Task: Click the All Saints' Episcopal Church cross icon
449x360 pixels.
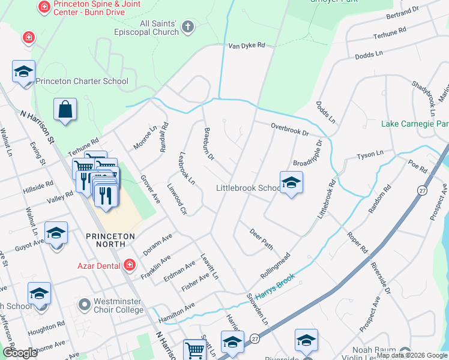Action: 188,26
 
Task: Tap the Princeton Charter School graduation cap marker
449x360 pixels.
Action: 23,72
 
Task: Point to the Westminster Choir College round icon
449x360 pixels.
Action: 84,304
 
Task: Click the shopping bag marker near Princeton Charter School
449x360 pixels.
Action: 65,110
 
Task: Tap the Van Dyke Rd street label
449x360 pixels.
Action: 246,46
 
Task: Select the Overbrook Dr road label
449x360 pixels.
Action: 289,128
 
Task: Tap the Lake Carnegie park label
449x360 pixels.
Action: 415,124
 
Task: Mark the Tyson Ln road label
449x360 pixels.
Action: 370,155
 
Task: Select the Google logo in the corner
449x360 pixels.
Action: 20,353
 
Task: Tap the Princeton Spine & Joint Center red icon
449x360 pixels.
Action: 43,7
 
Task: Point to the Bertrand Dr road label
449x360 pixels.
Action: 402,13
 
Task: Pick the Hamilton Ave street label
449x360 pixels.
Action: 176,308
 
